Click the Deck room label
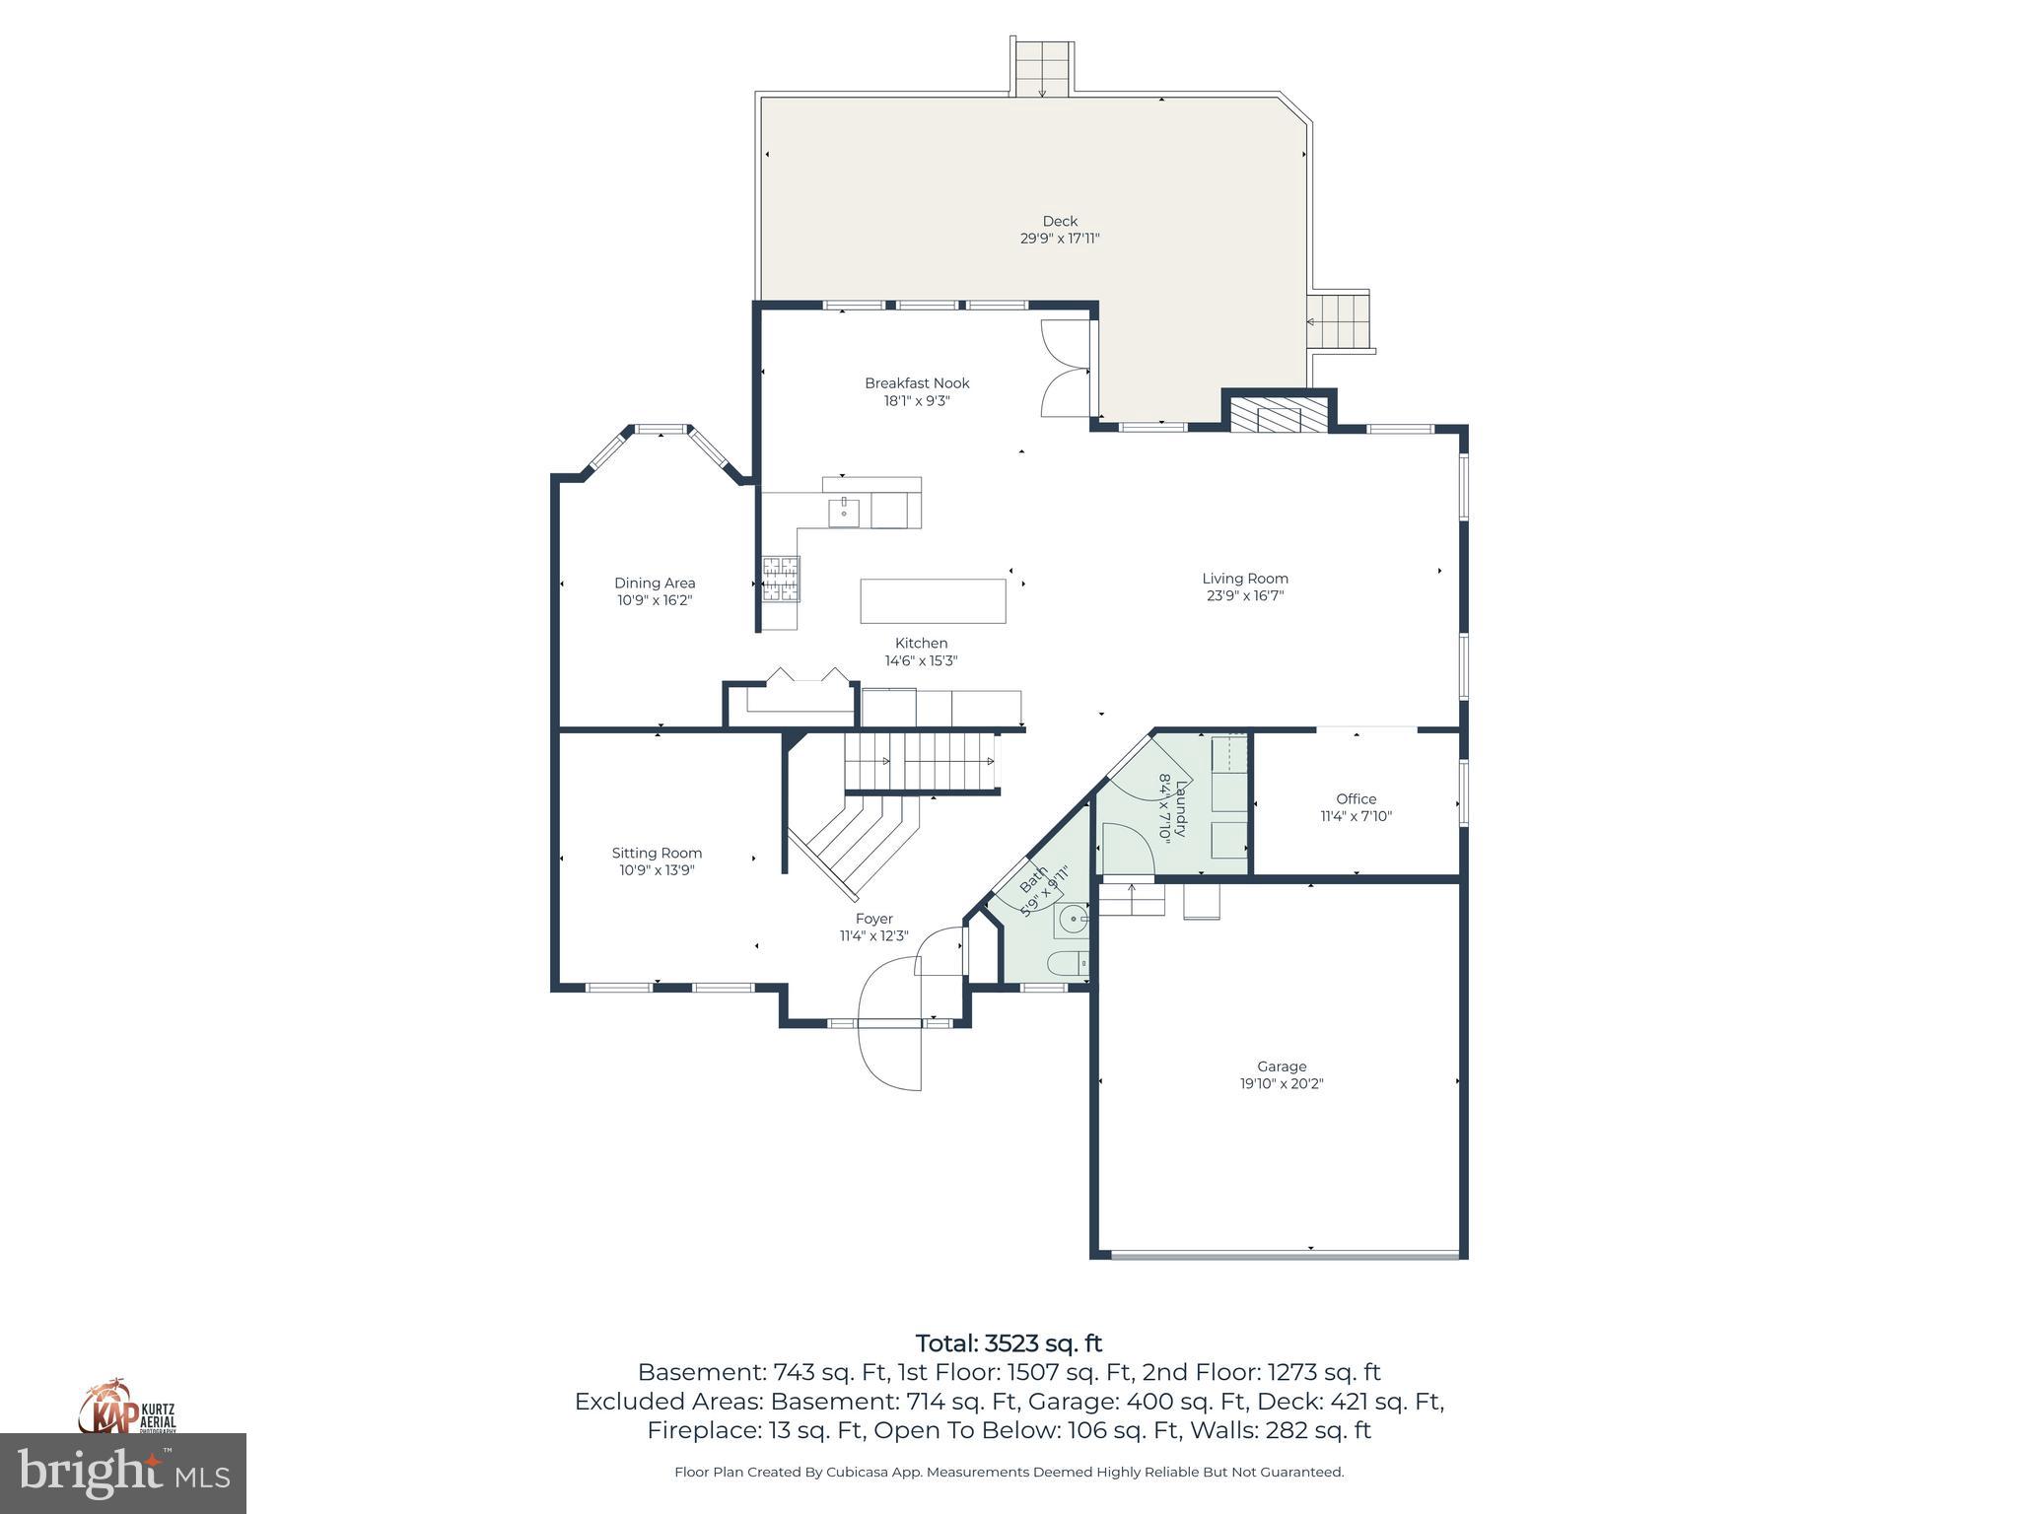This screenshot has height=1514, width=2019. (x=1060, y=221)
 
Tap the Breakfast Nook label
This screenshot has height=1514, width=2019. (x=917, y=382)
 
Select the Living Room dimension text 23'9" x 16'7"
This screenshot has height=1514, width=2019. (x=1244, y=595)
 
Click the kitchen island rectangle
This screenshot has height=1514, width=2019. (x=933, y=600)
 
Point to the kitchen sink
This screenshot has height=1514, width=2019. (x=843, y=513)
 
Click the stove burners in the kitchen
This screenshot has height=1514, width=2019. (x=780, y=579)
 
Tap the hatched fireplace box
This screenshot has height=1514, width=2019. (x=1279, y=416)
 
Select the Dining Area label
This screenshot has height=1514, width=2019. (x=655, y=583)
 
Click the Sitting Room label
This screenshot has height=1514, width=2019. (x=657, y=853)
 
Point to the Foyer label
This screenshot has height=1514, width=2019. (x=873, y=919)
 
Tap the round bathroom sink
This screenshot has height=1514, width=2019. (x=1072, y=921)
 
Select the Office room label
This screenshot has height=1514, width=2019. (x=1356, y=798)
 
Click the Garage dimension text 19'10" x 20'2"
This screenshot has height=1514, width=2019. (x=1282, y=1083)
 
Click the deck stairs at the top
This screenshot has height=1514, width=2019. (x=1042, y=68)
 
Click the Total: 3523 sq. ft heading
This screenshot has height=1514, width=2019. (x=1009, y=1343)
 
